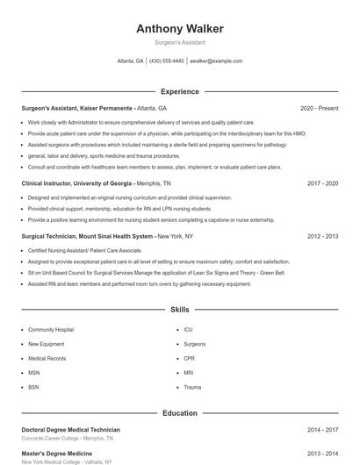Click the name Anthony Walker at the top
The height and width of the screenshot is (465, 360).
(x=179, y=29)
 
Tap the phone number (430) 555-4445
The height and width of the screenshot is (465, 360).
(x=167, y=61)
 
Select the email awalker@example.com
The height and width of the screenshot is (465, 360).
(x=216, y=61)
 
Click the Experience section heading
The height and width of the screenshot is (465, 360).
(x=179, y=91)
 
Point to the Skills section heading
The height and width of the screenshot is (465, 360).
(x=179, y=310)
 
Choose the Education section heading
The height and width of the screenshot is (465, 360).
(x=179, y=412)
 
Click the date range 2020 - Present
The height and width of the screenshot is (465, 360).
(x=319, y=108)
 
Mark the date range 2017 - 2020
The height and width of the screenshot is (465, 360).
(x=322, y=183)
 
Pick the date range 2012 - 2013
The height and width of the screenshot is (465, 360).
(x=322, y=236)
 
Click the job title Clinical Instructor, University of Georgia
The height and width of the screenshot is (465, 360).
(x=77, y=183)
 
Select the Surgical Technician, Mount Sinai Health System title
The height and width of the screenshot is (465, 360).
(x=88, y=236)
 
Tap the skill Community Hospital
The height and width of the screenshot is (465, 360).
(x=51, y=329)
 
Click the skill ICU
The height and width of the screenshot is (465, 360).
(x=188, y=329)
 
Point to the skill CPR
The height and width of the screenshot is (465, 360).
(x=190, y=358)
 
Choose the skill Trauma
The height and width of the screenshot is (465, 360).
(x=192, y=387)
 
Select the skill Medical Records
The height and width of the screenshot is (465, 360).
(x=47, y=358)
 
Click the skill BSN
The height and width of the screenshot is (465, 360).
(x=33, y=387)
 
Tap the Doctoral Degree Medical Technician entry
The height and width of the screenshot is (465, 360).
(x=70, y=430)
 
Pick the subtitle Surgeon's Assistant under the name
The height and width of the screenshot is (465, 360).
(x=179, y=42)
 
